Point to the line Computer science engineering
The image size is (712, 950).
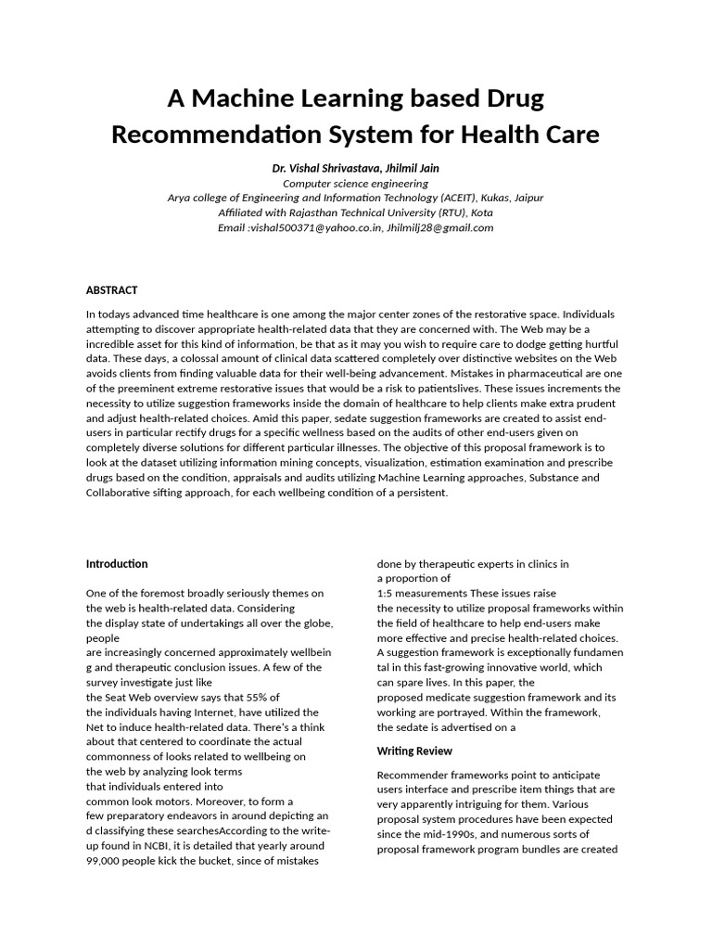coord(355,183)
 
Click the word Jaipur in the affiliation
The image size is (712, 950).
coord(526,198)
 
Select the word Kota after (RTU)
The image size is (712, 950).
coord(482,212)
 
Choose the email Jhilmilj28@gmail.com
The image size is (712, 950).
coord(440,227)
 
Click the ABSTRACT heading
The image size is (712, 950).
coord(111,290)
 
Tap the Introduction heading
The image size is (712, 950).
coord(117,563)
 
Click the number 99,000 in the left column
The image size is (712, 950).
coord(106,860)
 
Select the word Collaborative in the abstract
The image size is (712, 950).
coord(122,493)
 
